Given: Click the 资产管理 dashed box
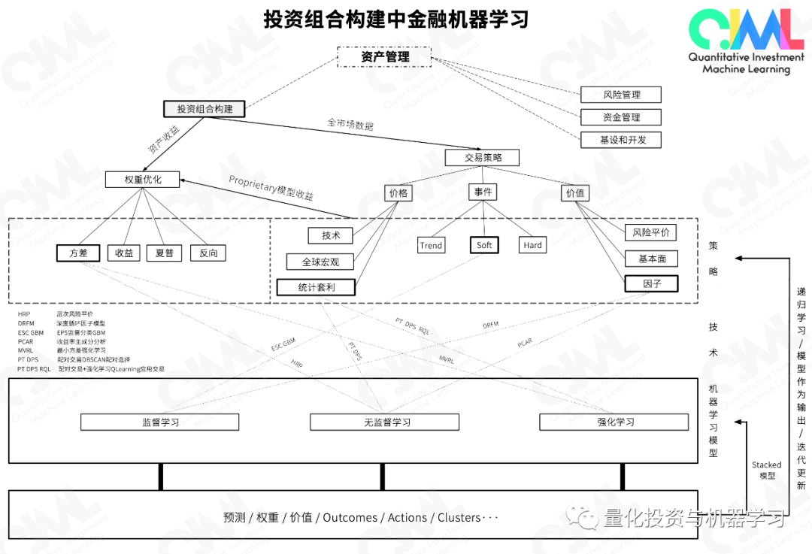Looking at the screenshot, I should pos(383,57).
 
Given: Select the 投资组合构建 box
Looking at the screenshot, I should pos(205,109).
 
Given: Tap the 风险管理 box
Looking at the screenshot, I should pos(620,95).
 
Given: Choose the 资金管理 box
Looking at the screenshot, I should pos(620,117).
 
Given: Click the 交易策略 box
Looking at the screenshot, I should pos(482,158).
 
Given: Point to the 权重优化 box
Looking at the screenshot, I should pos(143,180).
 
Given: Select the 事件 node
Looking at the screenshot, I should pos(483,192).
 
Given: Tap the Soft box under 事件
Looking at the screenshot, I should pos(484,245).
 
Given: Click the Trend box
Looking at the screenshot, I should pos(431,245).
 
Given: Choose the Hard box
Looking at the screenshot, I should pos(532,245).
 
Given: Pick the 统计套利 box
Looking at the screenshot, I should pos(316,287).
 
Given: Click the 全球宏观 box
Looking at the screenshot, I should pos(320,262).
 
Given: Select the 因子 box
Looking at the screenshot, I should pos(651,284).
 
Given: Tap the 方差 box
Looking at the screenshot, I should pos(78,253).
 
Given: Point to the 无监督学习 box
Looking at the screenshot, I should pos(384,422).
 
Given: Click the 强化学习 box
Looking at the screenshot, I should pos(614,422).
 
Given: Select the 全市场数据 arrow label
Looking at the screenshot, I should pos(350,124).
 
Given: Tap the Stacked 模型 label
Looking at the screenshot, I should pos(766,471).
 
